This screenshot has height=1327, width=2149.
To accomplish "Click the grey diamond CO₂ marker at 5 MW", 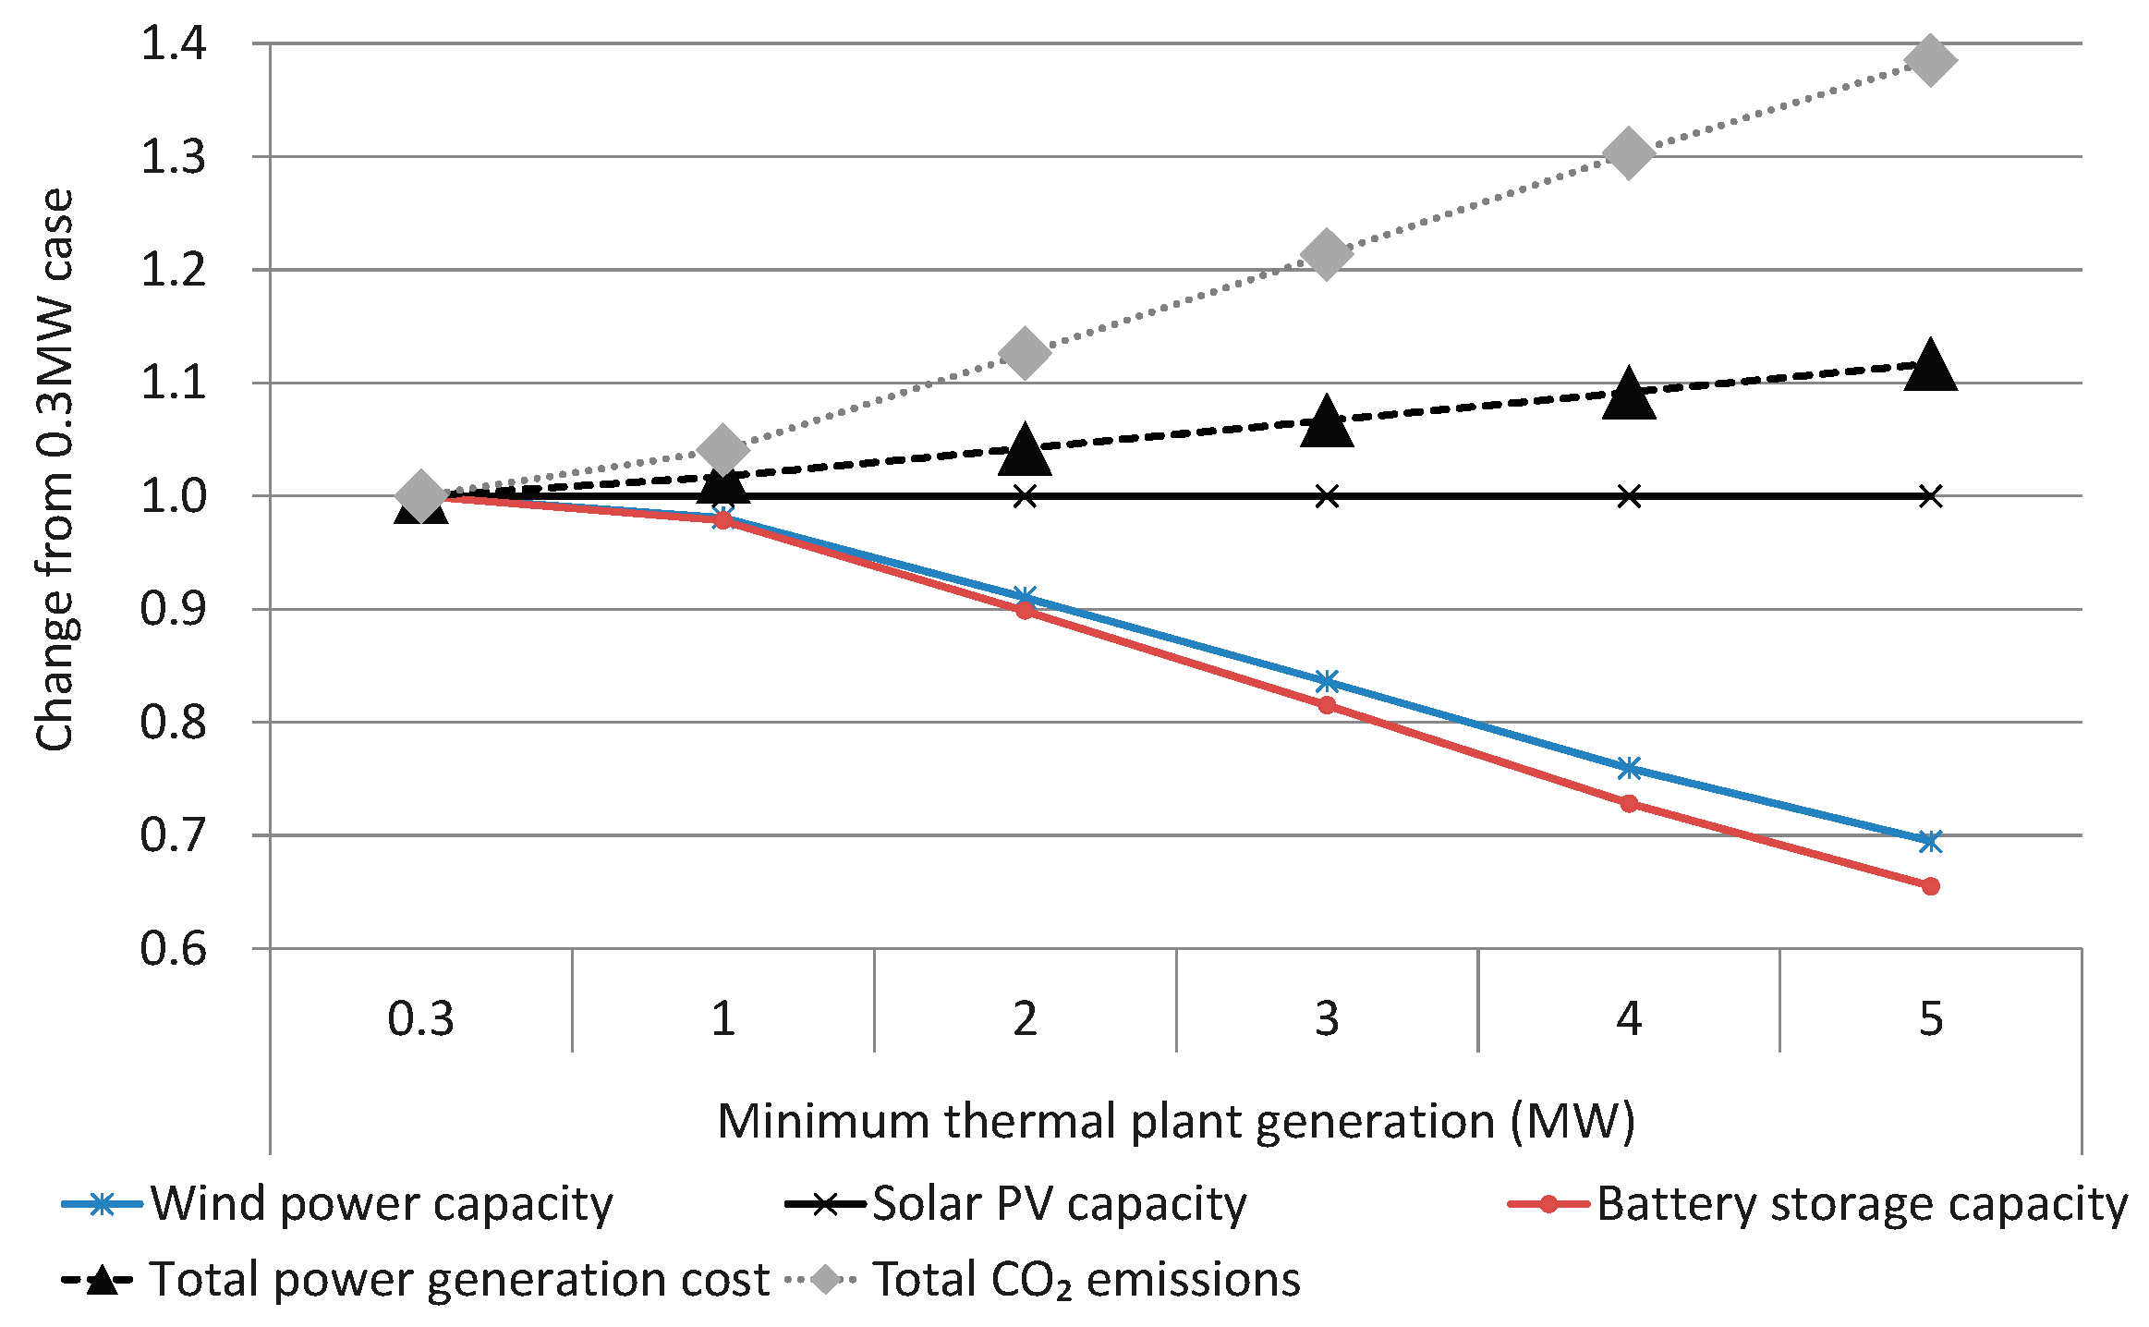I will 1930,61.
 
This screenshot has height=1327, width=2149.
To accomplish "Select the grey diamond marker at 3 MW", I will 1327,254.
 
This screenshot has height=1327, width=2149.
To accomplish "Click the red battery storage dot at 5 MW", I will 1930,886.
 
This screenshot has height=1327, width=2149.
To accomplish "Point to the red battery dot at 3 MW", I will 1327,705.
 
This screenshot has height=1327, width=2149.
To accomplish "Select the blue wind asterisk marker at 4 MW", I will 1629,768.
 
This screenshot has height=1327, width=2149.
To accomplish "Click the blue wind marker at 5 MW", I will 1930,841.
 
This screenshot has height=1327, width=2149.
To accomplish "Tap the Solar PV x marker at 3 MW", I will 1327,496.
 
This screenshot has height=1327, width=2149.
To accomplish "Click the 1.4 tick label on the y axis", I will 173,43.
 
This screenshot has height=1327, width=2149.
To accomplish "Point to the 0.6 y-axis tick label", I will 173,948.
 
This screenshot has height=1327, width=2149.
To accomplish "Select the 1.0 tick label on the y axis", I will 173,496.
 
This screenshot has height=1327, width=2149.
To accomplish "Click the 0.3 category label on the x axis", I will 420,1018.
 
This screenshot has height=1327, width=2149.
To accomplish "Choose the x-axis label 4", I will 1629,1018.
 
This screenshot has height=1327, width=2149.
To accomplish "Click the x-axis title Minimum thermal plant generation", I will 1175,1121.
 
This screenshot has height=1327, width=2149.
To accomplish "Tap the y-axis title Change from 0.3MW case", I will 55,469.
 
